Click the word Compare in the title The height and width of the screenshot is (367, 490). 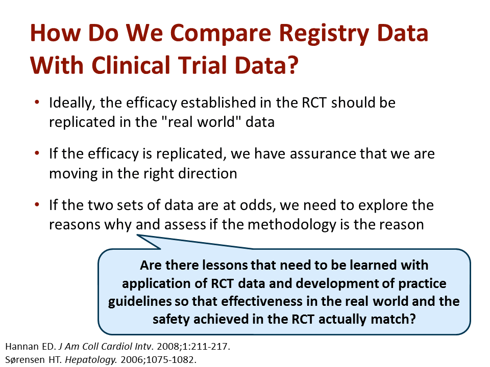(220, 34)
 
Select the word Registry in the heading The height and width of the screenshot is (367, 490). (324, 34)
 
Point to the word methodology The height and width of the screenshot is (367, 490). (291, 225)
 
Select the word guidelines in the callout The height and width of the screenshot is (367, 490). (140, 302)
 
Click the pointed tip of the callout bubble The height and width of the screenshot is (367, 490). (137, 235)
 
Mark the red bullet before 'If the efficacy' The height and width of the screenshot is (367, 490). (37, 153)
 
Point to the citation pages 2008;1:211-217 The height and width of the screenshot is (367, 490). (193, 347)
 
